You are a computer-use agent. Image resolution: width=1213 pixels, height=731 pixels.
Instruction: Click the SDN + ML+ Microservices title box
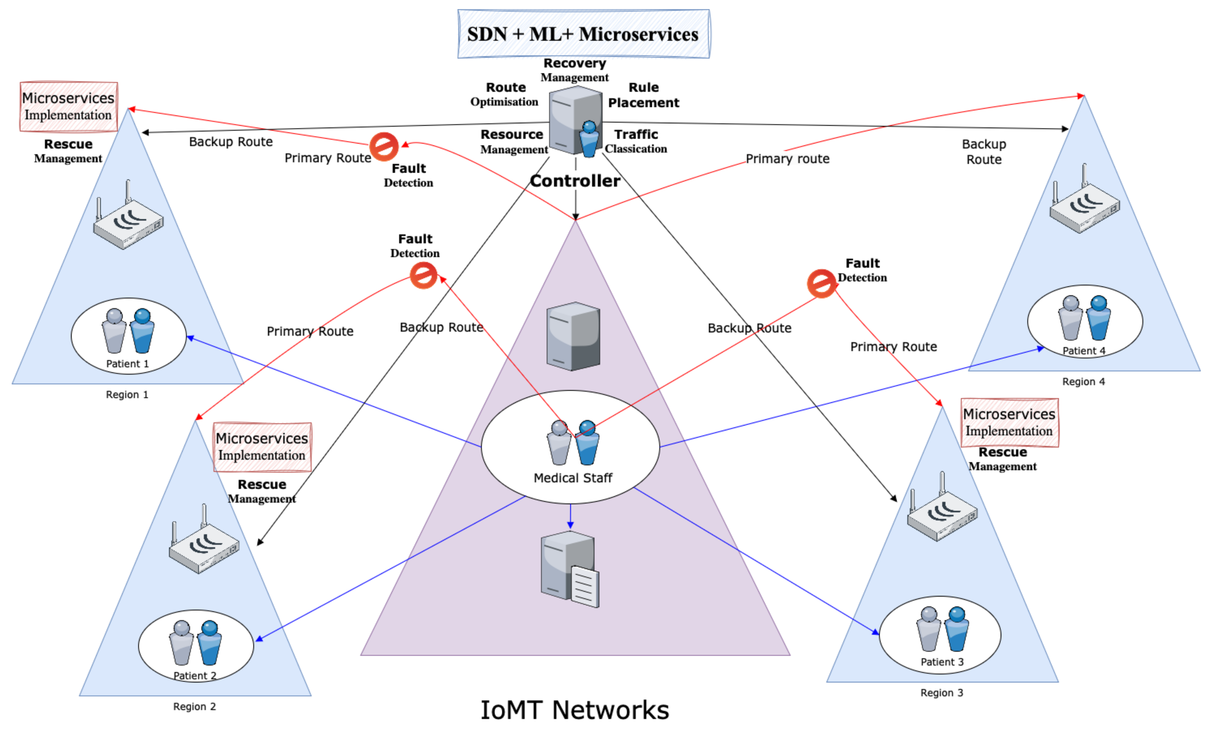[x=583, y=34]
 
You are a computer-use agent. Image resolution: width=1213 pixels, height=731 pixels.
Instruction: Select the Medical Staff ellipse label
[x=573, y=477]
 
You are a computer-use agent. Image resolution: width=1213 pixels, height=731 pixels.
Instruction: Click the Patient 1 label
[x=127, y=364]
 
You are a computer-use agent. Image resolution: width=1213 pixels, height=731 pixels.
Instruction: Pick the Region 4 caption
[x=1083, y=382]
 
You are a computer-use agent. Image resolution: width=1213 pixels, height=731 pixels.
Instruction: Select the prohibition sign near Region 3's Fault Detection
[x=821, y=284]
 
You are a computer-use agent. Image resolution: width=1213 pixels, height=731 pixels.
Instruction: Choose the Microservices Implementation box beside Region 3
[x=1009, y=422]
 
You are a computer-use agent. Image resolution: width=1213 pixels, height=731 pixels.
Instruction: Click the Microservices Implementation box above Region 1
[x=68, y=106]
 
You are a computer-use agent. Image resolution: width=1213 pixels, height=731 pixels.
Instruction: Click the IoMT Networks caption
[x=574, y=710]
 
